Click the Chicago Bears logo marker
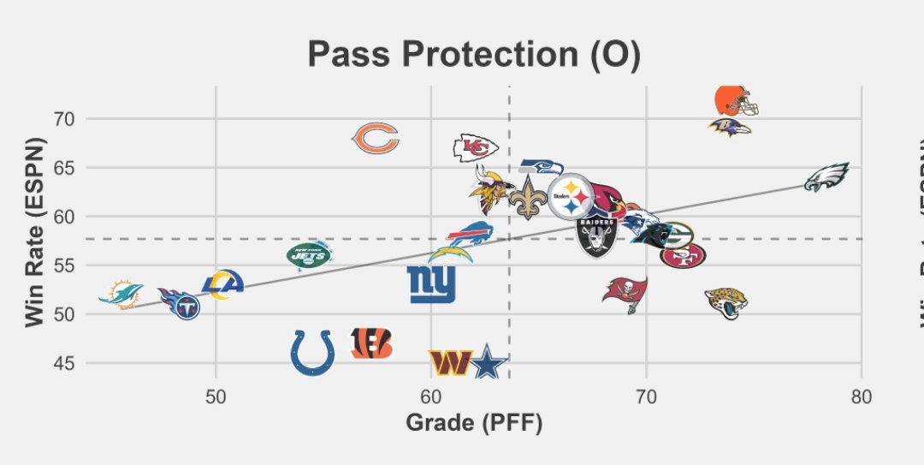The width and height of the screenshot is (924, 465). click(376, 138)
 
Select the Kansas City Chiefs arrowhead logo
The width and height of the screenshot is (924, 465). click(475, 148)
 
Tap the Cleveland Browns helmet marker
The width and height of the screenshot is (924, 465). click(735, 101)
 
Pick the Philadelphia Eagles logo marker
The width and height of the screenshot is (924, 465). click(826, 176)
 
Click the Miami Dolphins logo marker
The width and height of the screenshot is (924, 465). click(121, 293)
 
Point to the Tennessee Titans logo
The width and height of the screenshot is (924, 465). click(181, 303)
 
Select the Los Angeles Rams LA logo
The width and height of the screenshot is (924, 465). click(222, 284)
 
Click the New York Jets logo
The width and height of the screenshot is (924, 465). click(308, 254)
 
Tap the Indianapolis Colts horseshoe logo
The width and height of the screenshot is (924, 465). click(312, 352)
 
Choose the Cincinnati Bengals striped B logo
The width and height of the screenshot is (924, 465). click(372, 343)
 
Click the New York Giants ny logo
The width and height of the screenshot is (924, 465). click(431, 284)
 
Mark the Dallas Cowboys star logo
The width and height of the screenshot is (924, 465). click(489, 363)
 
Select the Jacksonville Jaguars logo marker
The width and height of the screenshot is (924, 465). click(726, 302)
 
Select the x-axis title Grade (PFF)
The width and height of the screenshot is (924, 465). click(474, 422)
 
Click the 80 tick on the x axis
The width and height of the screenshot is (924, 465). click(862, 396)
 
